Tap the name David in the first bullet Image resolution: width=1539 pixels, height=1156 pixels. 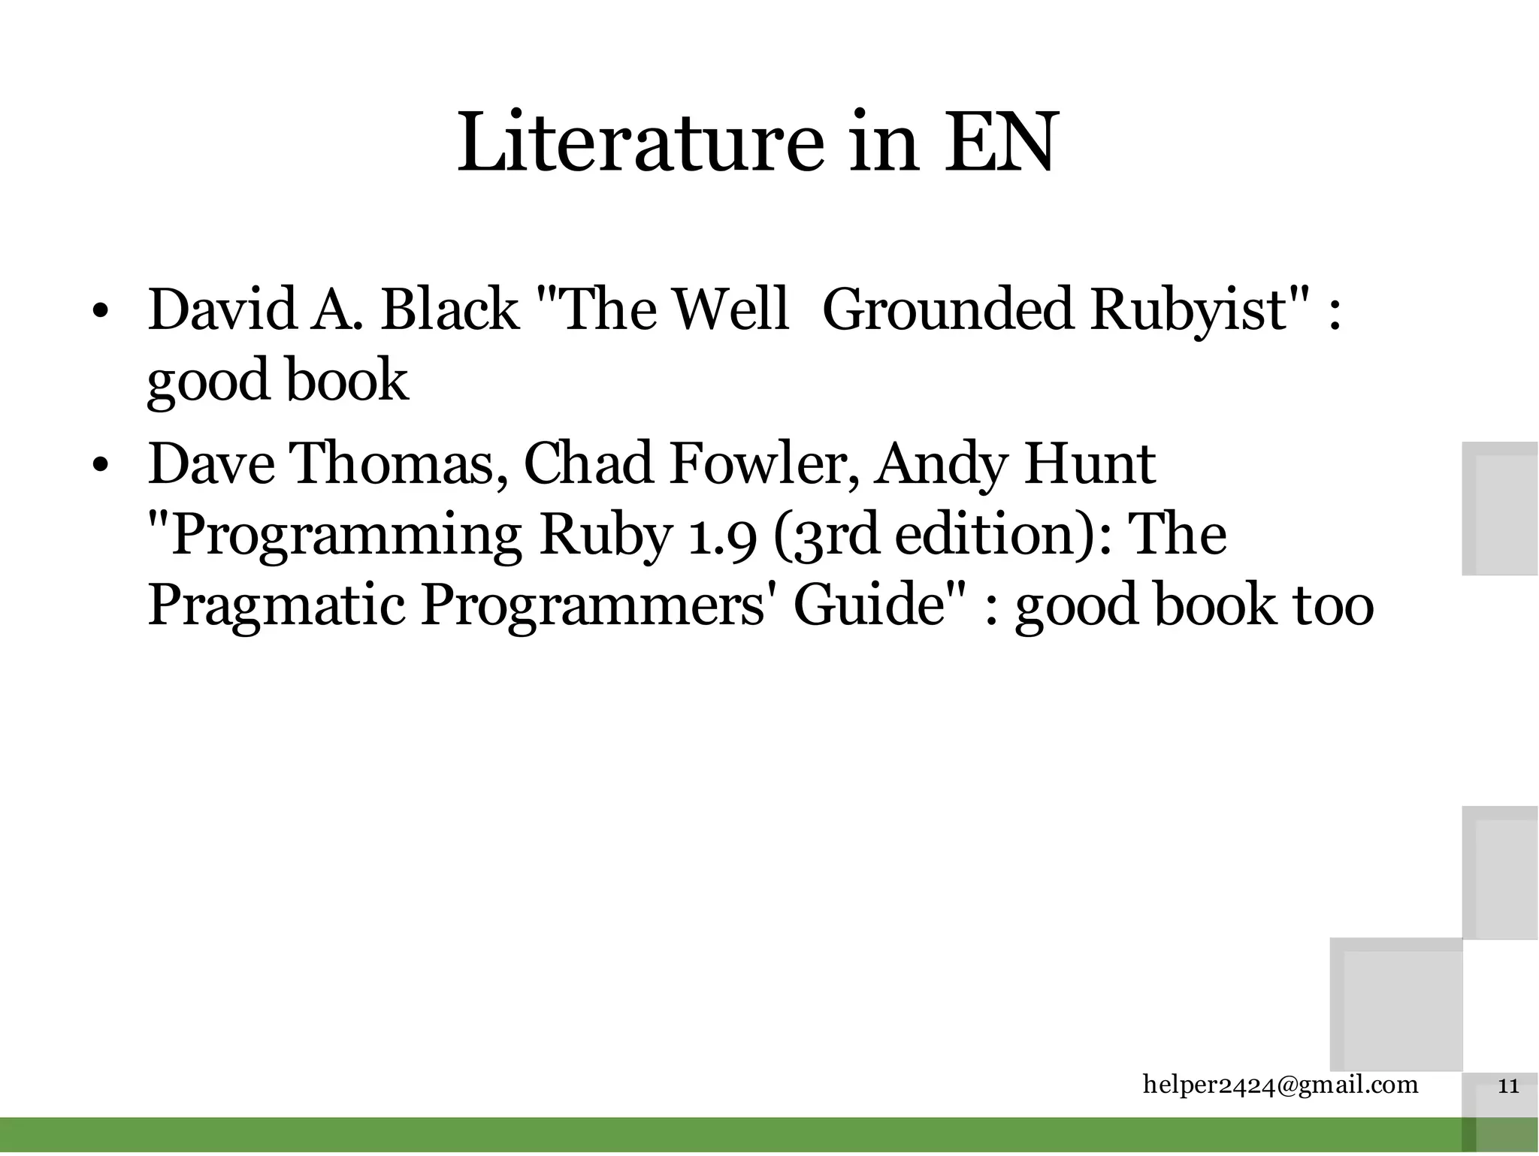(x=222, y=309)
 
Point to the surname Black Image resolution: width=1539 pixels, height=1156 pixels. (x=449, y=309)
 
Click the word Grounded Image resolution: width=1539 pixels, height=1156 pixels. (x=948, y=309)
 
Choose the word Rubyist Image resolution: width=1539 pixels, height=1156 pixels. (x=1190, y=310)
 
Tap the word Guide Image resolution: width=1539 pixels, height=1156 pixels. (x=869, y=605)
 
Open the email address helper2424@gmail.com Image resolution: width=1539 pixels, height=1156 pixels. (x=1280, y=1085)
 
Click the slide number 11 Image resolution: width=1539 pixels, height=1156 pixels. (x=1508, y=1086)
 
